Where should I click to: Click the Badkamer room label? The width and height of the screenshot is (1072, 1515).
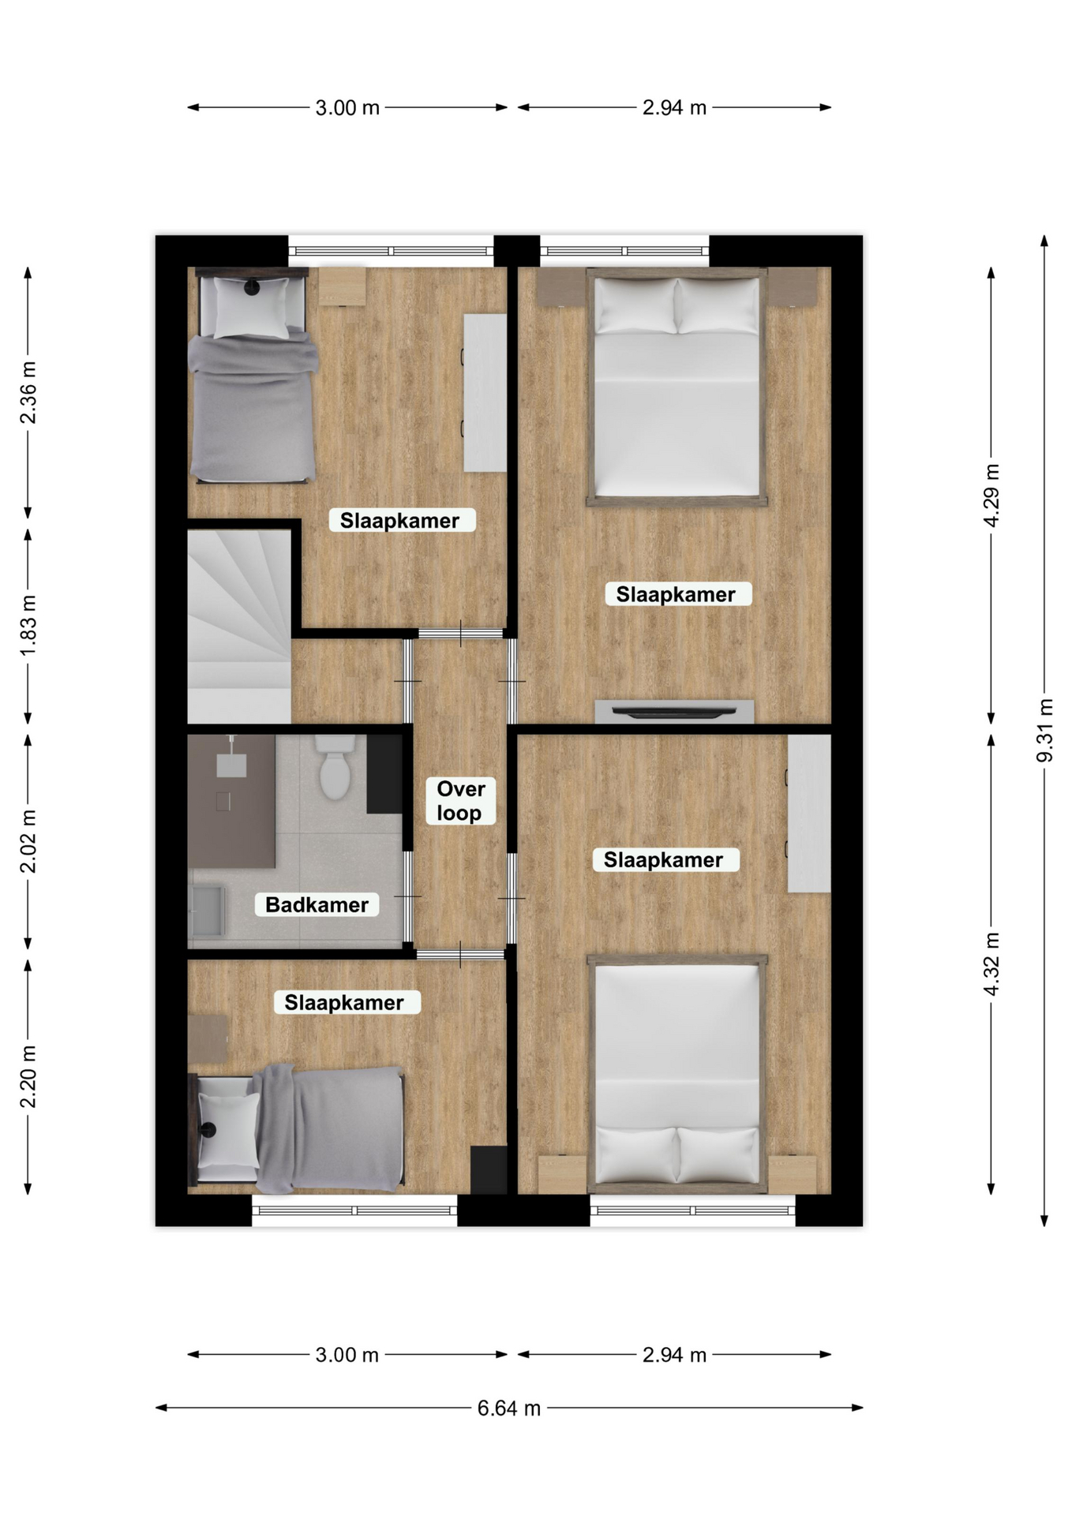317,904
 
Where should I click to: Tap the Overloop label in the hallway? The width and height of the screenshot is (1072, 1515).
460,800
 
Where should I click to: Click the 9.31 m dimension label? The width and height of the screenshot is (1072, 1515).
1044,730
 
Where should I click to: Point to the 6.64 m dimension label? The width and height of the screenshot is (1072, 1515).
509,1408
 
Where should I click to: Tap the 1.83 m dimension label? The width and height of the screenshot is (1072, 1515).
28,626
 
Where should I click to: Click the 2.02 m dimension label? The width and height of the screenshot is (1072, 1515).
28,841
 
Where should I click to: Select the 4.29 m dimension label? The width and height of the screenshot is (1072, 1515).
991,496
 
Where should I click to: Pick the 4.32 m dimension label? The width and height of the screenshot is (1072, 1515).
991,963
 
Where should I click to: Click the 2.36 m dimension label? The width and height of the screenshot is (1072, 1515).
28,392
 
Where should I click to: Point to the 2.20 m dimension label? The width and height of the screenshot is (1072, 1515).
28,1076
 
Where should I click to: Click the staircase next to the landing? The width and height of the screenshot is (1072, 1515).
239,626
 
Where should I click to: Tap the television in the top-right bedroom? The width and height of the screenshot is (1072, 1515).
674,712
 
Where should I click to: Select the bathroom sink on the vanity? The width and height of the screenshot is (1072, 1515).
231,764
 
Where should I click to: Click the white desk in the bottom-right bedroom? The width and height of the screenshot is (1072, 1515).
809,814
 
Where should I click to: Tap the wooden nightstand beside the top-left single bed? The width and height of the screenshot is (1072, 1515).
343,286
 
